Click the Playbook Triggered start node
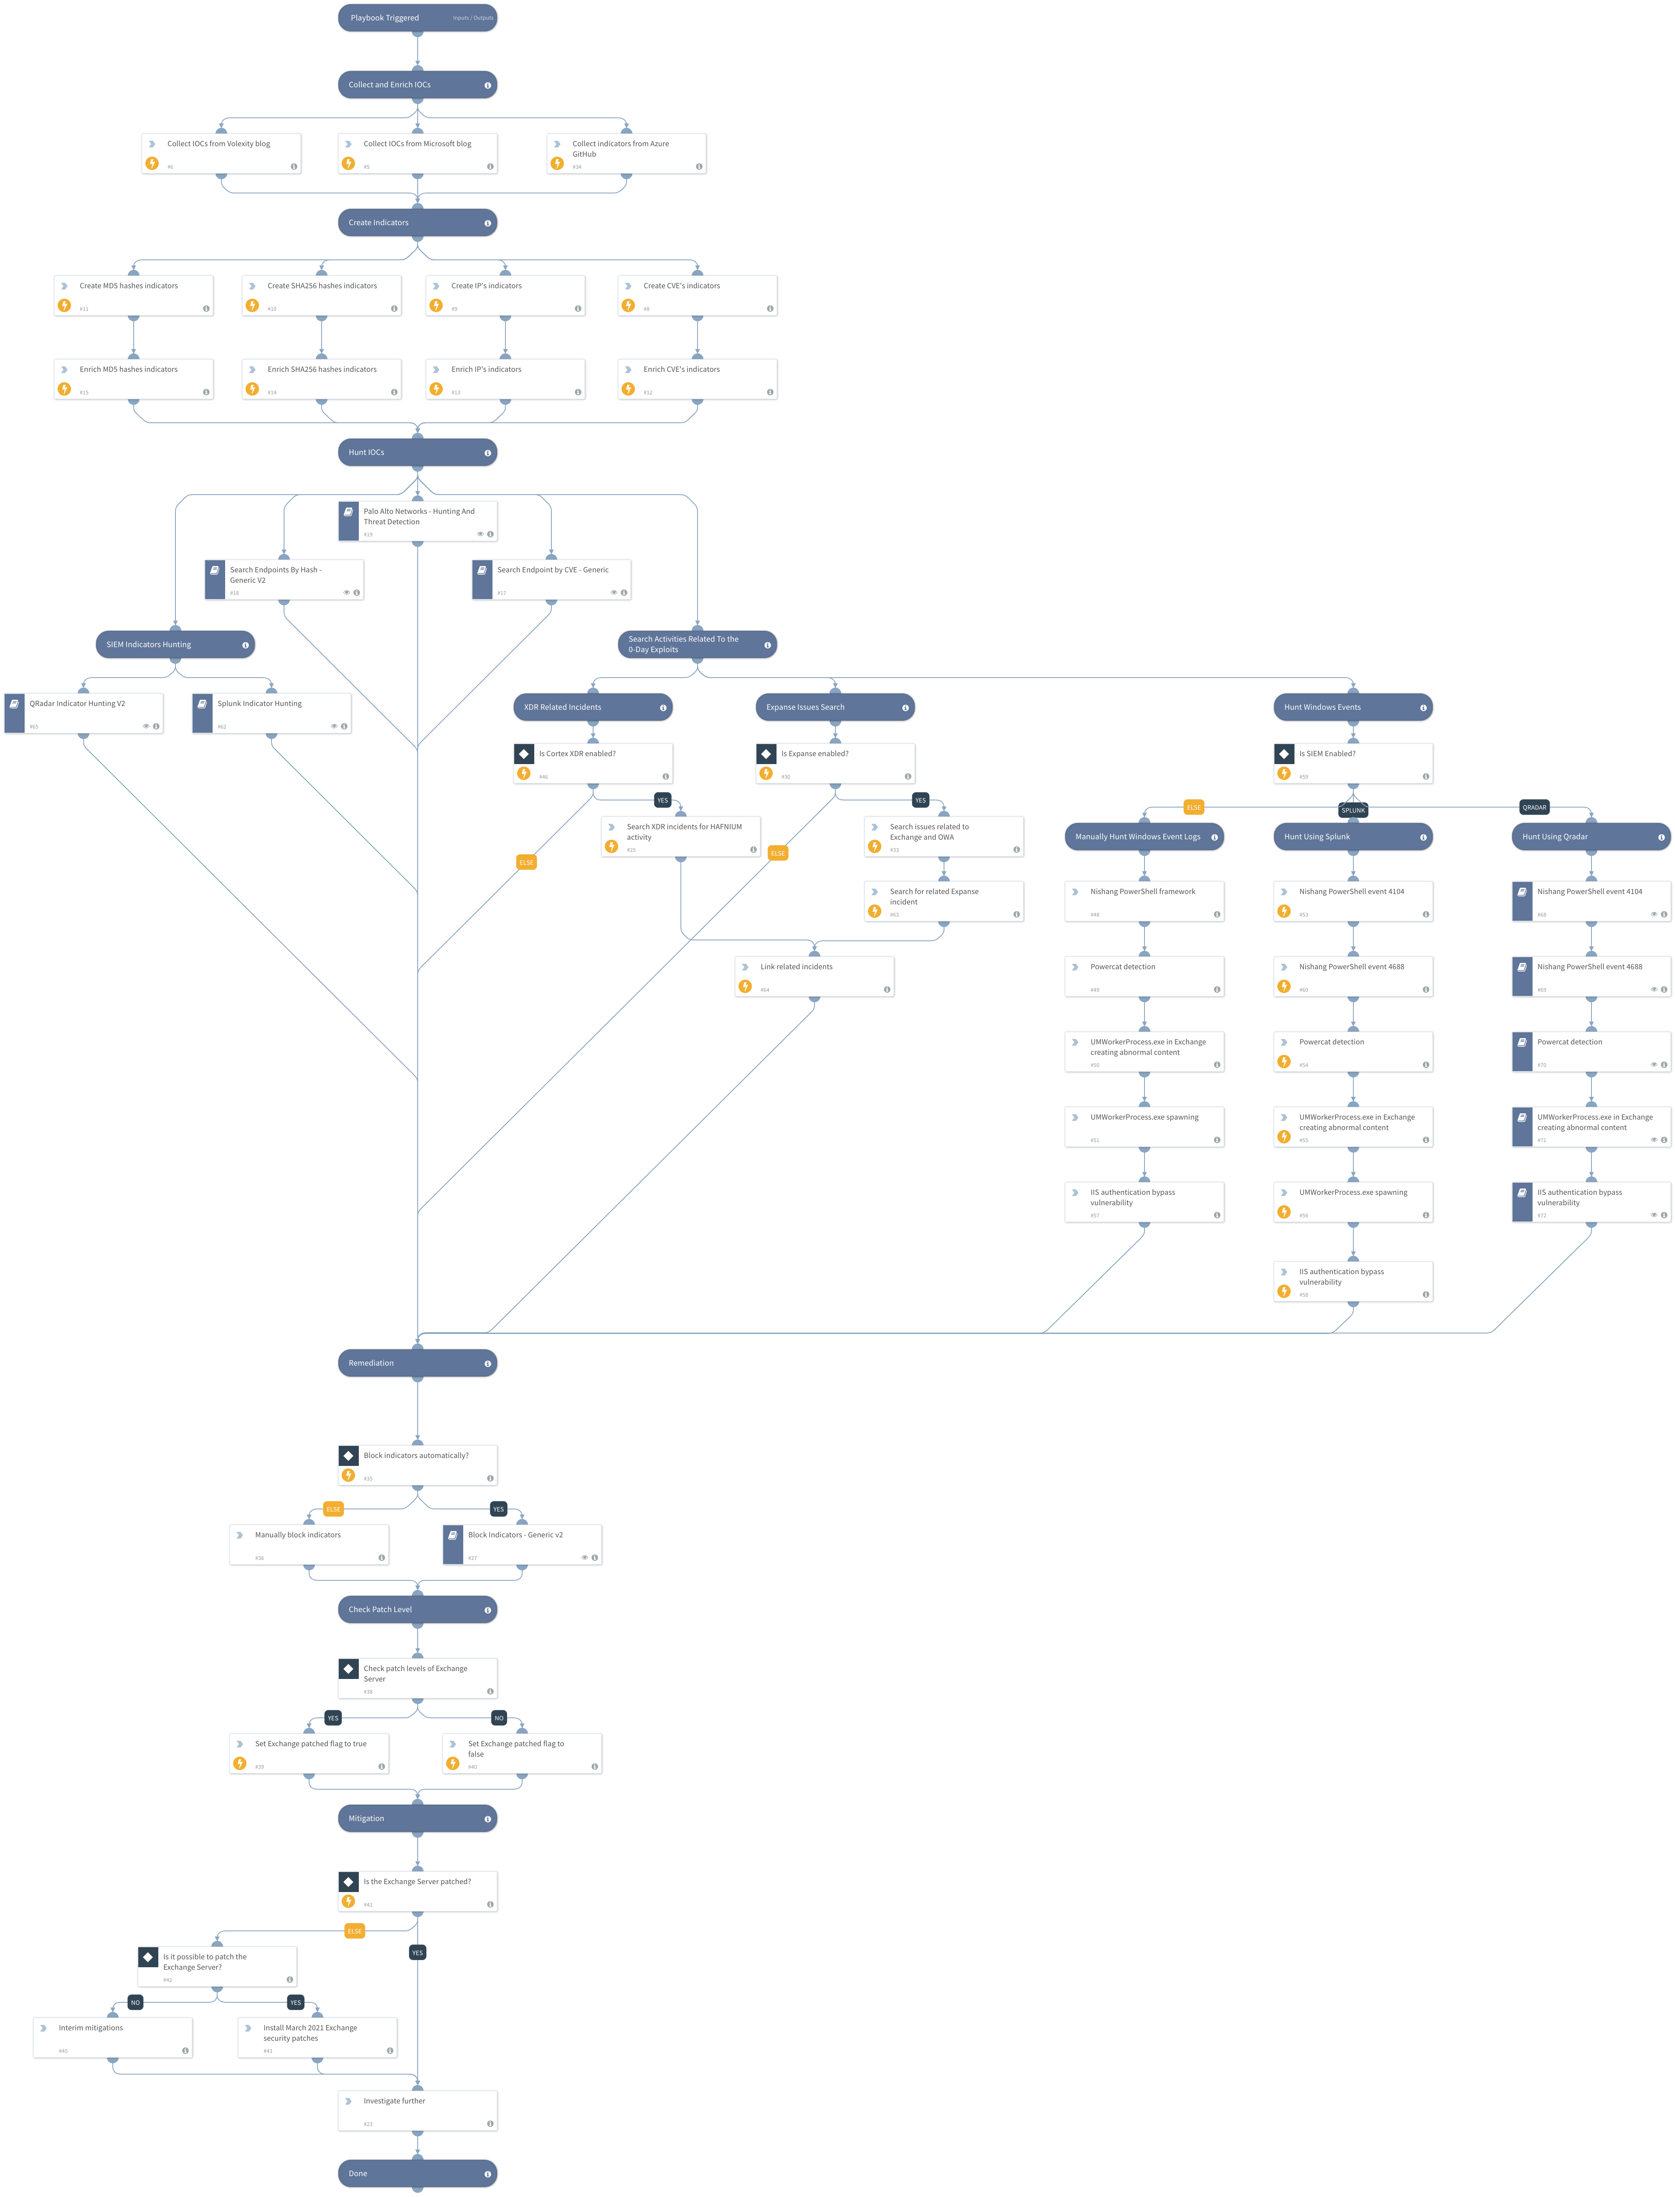pos(417,18)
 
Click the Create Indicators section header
pos(417,222)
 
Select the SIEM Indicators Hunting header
pos(175,644)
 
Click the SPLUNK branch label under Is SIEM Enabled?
pos(1353,810)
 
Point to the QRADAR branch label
pos(1534,807)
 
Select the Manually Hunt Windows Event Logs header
pos(1144,837)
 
